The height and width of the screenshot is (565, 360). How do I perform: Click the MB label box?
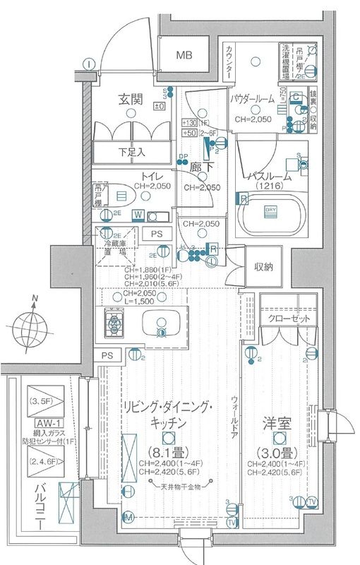pos(184,55)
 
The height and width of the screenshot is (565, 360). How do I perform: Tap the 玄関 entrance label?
pos(132,101)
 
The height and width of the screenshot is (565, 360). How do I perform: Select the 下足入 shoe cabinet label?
pos(131,151)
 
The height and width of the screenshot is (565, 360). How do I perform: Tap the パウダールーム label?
pos(253,100)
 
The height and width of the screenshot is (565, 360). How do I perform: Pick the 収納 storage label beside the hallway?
pos(264,266)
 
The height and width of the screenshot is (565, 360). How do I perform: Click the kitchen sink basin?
pos(162,324)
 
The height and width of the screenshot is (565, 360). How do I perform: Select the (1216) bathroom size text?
pos(269,186)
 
